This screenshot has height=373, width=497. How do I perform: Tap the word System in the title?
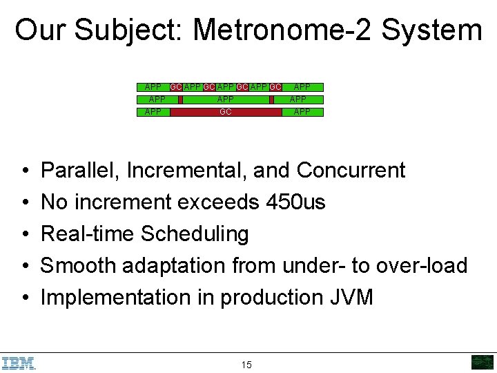431,30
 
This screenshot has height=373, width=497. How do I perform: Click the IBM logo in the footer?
19,363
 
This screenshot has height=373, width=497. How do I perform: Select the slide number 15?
246,365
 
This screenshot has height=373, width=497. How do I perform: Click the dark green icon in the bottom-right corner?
482,363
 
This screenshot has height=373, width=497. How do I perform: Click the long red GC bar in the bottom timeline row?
226,112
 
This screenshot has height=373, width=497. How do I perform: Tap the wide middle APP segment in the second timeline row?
226,99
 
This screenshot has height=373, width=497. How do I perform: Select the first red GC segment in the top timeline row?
176,87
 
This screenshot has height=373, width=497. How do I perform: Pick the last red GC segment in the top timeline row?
275,87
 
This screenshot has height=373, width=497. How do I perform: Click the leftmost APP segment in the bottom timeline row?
153,112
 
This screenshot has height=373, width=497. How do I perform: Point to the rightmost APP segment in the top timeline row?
302,87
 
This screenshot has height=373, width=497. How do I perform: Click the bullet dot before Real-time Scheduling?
25,235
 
